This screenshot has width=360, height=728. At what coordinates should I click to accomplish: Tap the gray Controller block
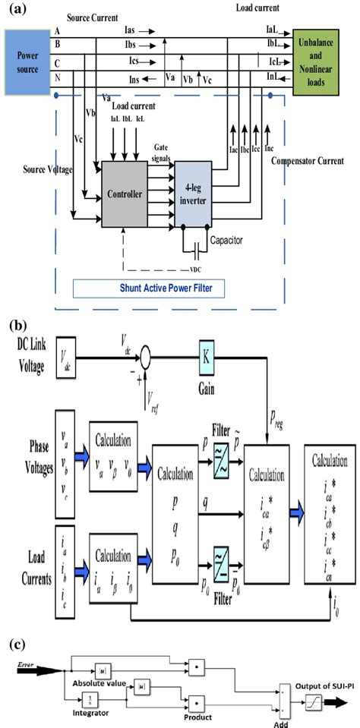(x=126, y=194)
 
